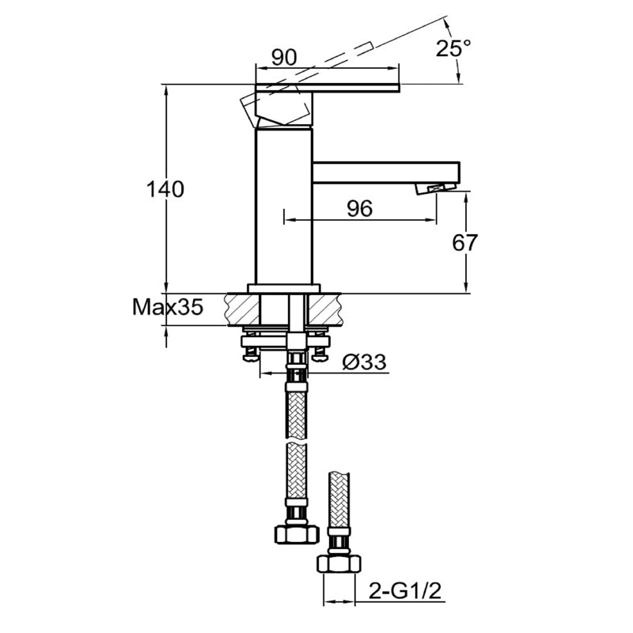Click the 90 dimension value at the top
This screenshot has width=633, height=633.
pyautogui.click(x=283, y=57)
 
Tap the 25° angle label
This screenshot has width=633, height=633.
pyautogui.click(x=453, y=47)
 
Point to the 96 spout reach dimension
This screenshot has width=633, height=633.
pyautogui.click(x=359, y=208)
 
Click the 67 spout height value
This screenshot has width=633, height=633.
pyautogui.click(x=465, y=242)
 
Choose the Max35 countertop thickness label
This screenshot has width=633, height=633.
pyautogui.click(x=167, y=307)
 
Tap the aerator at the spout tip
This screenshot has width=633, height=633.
pyautogui.click(x=437, y=188)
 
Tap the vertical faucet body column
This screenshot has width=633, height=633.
pyautogui.click(x=283, y=206)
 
